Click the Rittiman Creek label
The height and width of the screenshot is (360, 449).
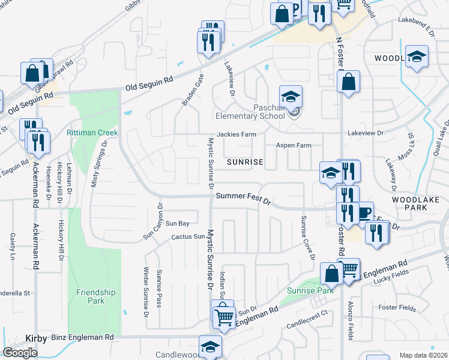coord(92,132)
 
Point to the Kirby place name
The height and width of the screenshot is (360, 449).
coord(36,338)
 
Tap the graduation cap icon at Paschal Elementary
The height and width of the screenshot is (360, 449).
coord(291,97)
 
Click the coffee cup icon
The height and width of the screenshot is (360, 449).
coord(364,212)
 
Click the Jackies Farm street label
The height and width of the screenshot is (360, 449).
coord(233,134)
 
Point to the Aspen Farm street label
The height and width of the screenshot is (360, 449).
coord(294,146)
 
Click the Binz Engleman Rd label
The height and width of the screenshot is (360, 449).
coord(82,338)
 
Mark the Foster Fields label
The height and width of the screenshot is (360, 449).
coord(397,308)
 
